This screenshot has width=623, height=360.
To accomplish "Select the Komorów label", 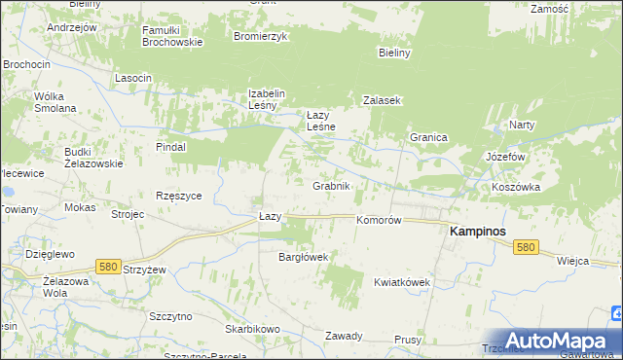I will tap(379, 221).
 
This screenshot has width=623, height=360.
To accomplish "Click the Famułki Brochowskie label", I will tap(172, 36).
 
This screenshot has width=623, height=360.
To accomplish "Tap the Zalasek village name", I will tap(383, 100).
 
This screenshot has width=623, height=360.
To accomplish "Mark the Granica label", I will tap(427, 138).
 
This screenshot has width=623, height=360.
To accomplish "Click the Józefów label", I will tap(505, 157).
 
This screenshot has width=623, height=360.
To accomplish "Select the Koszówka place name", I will tap(515, 186).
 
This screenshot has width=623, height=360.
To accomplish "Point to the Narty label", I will tap(523, 126).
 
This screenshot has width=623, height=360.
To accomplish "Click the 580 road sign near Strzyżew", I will tap(108, 266).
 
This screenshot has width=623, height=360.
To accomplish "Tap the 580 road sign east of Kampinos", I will tap(527, 248).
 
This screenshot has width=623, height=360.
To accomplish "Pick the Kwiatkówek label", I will tap(401, 282).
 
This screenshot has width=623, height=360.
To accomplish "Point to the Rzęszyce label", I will tap(178, 195).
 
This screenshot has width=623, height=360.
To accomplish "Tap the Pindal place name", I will tap(170, 147).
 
